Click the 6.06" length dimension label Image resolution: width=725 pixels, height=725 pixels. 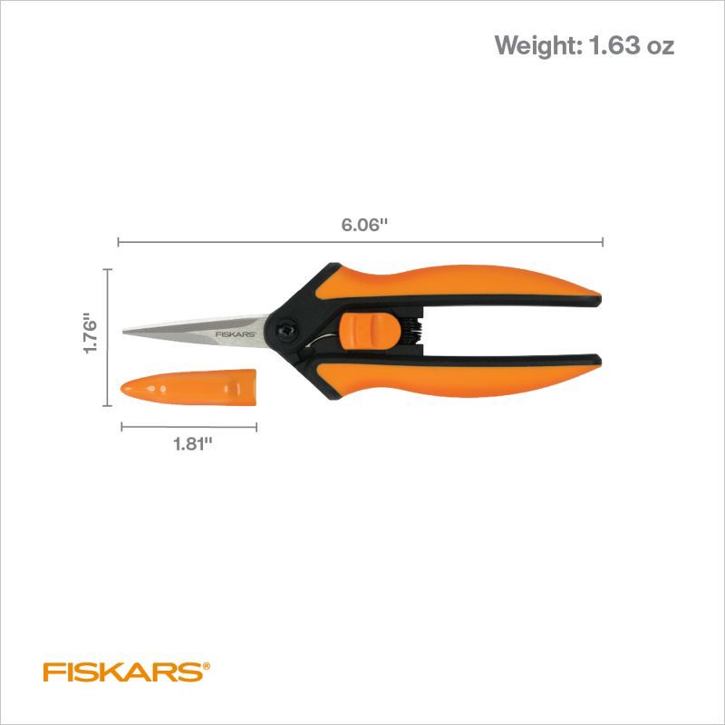coord(364,226)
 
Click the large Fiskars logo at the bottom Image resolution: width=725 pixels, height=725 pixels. coord(123,672)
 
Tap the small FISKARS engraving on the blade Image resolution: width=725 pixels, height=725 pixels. coord(235,333)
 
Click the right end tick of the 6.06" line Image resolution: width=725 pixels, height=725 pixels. coord(604,241)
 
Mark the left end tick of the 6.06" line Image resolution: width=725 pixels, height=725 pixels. coord(119,241)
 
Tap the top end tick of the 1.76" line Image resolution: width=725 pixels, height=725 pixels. coord(108,270)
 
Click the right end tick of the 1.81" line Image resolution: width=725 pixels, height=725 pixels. coord(256,426)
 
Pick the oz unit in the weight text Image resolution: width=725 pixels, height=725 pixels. coord(660,45)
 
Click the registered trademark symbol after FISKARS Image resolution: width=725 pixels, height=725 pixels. coord(207,664)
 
